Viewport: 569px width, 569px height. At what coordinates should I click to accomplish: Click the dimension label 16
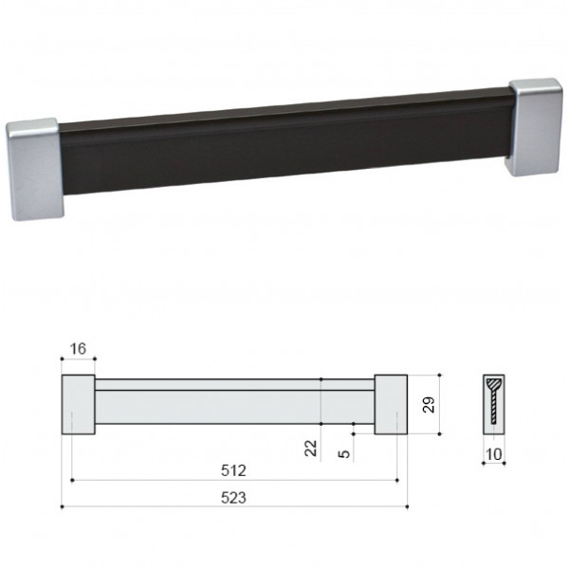tap(78, 349)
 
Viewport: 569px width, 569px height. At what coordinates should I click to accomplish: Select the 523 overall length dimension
tap(233, 498)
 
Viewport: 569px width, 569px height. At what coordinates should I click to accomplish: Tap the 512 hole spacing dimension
tap(233, 470)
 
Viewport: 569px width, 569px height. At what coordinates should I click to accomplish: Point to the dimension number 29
tap(429, 405)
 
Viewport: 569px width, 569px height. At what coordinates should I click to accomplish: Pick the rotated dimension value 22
tap(311, 449)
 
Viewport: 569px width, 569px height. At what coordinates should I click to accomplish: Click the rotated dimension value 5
tap(344, 453)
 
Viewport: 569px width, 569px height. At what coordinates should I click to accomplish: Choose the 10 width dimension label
tap(493, 454)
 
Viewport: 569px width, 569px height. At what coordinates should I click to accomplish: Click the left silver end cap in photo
tap(34, 169)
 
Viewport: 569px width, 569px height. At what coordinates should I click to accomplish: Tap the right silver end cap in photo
tap(535, 127)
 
